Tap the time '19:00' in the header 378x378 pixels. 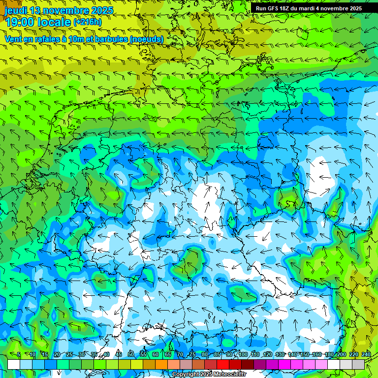coord(18,22)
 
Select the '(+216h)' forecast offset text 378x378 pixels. coord(88,22)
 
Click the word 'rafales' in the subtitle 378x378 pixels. coord(45,39)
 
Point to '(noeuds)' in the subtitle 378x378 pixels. coord(147,39)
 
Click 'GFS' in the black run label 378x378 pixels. coord(276,8)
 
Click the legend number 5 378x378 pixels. coord(19,355)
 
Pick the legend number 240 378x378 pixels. coord(366,355)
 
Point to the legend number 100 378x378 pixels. coord(243,355)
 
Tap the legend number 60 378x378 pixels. coord(156,355)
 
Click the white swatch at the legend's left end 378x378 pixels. coord(14,364)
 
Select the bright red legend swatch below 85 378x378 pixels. coord(223,364)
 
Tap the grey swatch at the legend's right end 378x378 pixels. coord(358,364)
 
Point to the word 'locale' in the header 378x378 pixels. coord(53,22)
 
